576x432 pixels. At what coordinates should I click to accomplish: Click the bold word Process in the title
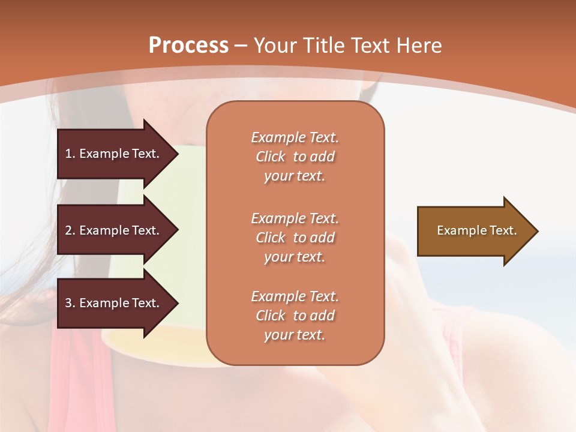(188, 46)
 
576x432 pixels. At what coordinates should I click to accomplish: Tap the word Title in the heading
(323, 46)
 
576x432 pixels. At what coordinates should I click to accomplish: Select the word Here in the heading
(419, 46)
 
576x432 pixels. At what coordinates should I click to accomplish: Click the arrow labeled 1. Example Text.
(114, 154)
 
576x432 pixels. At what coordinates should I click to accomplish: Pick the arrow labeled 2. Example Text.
(114, 230)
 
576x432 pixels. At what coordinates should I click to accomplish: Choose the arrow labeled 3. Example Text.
(114, 303)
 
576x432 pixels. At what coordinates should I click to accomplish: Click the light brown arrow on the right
(474, 231)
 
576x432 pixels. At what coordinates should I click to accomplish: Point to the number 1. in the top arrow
(70, 154)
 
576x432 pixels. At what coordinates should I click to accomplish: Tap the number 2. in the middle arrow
(70, 230)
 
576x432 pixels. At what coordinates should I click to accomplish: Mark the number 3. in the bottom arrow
(70, 303)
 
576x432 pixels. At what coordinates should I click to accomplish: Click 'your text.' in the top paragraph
(295, 176)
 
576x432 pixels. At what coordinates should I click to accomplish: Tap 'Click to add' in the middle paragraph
(295, 238)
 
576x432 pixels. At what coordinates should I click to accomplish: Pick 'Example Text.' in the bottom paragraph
(295, 296)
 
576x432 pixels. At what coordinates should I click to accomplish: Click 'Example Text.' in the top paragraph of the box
(295, 137)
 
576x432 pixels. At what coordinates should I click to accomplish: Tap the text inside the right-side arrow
(477, 230)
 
